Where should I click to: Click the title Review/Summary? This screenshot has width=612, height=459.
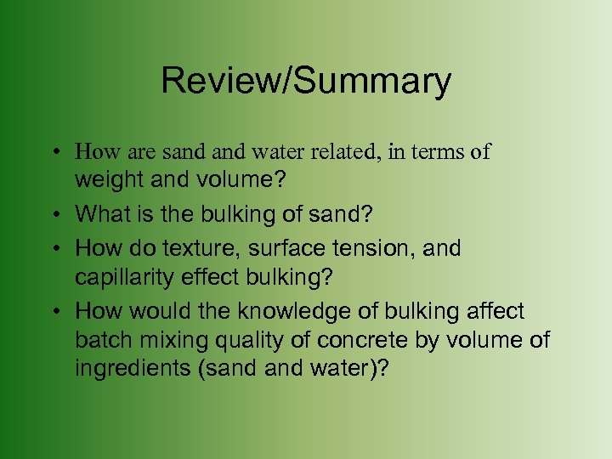(306, 81)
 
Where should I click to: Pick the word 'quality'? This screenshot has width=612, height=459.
(241, 341)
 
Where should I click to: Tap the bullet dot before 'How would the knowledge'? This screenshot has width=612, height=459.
(54, 312)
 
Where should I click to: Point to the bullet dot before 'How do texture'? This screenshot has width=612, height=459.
(54, 250)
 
